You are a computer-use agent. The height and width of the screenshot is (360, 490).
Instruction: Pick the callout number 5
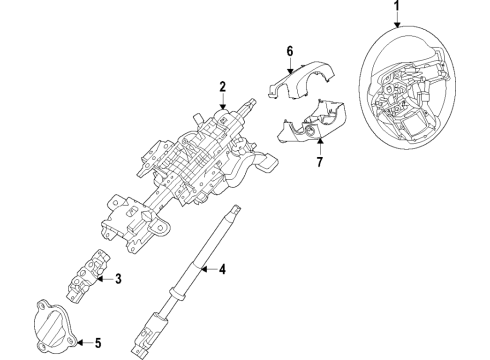click(x=98, y=343)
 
